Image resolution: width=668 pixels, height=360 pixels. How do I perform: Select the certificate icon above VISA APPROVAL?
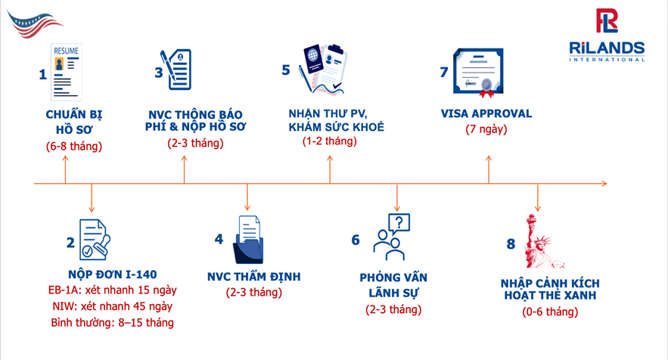click(x=479, y=73)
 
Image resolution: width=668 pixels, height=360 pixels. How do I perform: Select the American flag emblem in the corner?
click(x=36, y=21)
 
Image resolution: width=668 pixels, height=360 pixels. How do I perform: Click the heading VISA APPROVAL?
click(x=486, y=113)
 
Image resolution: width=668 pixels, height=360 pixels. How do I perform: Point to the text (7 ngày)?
click(x=486, y=129)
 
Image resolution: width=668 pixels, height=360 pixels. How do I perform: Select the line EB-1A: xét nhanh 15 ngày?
click(x=112, y=290)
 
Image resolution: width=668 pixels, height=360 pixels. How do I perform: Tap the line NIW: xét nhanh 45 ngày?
click(x=112, y=306)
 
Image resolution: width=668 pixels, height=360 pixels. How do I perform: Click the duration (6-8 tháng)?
click(x=73, y=145)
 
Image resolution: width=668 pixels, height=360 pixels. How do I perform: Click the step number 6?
click(x=356, y=240)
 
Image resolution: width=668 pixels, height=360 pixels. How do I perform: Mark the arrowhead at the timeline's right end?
click(x=602, y=183)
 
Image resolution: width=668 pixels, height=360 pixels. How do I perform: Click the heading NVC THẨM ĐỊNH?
click(x=253, y=277)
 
